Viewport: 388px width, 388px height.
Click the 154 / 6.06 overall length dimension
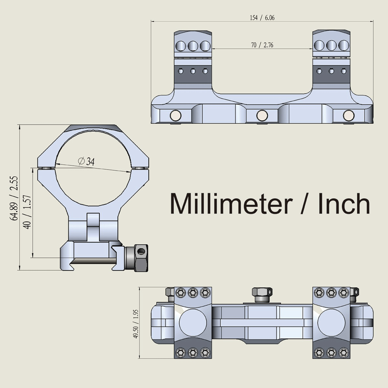[262, 18]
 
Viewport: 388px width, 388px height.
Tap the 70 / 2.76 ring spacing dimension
[262, 45]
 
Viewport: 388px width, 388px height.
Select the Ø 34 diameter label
[86, 162]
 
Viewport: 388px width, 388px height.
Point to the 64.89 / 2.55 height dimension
[14, 198]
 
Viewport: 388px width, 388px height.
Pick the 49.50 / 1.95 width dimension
[136, 324]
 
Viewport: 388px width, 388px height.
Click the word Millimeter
[231, 204]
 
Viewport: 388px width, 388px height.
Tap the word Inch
[344, 204]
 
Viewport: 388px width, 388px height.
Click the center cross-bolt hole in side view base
[262, 115]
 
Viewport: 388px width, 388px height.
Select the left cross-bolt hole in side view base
[175, 115]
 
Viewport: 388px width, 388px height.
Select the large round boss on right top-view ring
[331, 322]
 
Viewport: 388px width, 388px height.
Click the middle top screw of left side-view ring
[193, 46]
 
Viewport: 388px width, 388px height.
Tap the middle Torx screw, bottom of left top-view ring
[193, 352]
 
